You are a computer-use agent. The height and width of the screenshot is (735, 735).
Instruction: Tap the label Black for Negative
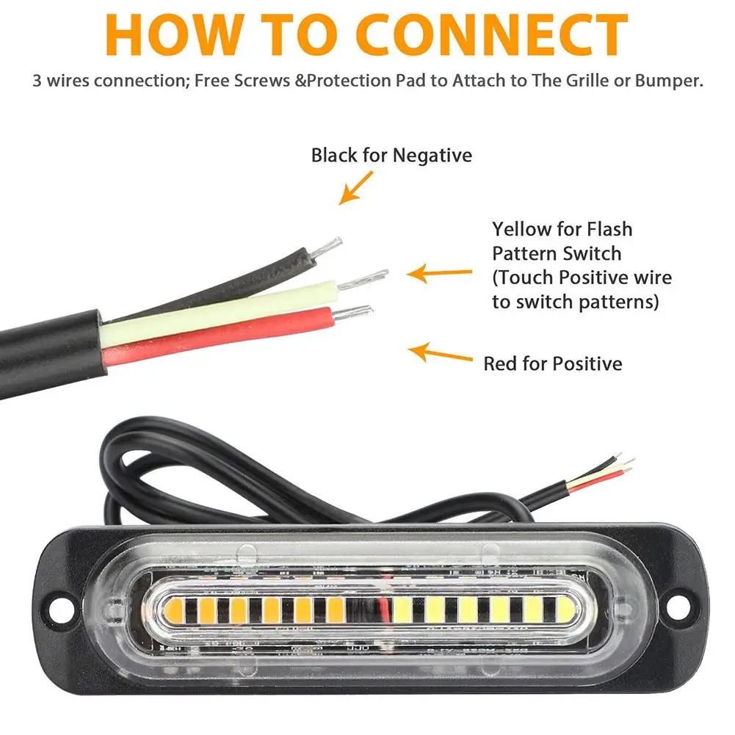click(x=391, y=155)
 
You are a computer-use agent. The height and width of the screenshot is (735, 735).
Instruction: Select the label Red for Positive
click(x=552, y=363)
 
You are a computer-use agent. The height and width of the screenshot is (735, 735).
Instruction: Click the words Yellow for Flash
click(x=562, y=229)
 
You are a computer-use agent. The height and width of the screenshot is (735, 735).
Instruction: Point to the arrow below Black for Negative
click(x=357, y=187)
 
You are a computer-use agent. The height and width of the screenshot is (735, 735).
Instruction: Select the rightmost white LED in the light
click(x=562, y=609)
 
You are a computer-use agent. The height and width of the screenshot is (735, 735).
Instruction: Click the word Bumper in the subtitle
click(x=669, y=81)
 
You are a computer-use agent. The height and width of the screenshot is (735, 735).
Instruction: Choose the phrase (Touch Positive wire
click(x=582, y=278)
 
